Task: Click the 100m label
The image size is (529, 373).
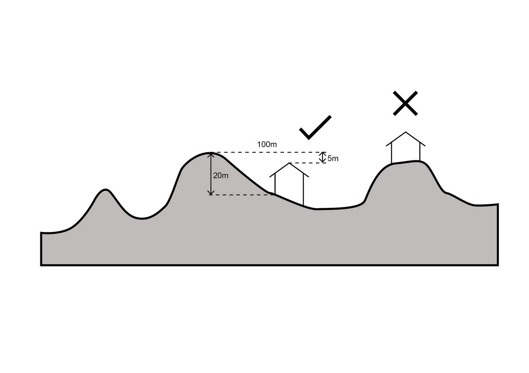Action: click(267, 144)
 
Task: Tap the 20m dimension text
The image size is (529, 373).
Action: click(221, 176)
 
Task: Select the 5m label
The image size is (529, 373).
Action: click(333, 159)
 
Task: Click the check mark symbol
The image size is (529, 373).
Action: click(315, 128)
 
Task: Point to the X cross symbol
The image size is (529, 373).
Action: click(405, 103)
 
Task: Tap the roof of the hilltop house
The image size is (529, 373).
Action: click(405, 139)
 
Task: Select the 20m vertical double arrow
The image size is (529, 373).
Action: click(211, 174)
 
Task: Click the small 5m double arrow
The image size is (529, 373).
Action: click(323, 158)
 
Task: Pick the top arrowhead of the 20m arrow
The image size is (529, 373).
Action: click(211, 155)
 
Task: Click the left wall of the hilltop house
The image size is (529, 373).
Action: click(391, 153)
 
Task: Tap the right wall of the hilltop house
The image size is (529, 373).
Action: click(420, 151)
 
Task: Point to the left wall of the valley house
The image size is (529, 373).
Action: click(275, 184)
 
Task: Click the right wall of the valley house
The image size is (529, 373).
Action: click(303, 189)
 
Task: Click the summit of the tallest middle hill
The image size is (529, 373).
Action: click(211, 153)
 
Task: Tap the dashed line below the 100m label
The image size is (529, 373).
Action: click(269, 152)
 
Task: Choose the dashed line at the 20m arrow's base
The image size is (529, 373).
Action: click(241, 195)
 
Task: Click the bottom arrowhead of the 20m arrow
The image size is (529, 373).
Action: click(211, 193)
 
